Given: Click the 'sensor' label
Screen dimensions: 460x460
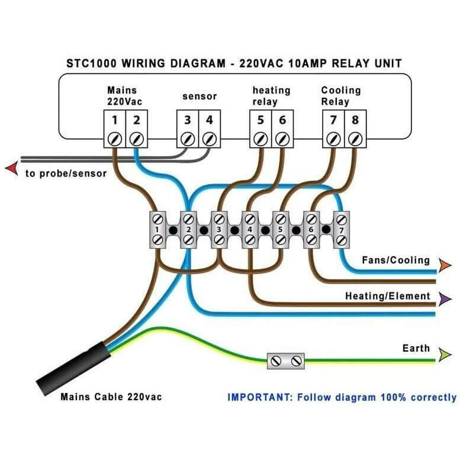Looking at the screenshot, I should [199, 96].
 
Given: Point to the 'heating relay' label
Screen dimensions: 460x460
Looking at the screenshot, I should [271, 95].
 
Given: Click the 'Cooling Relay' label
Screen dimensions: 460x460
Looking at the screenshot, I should [340, 95].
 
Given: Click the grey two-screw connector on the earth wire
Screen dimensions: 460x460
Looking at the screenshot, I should [285, 361].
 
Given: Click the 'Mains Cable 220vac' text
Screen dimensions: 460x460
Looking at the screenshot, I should [111, 397].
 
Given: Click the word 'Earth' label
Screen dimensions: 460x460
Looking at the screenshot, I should [416, 348].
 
